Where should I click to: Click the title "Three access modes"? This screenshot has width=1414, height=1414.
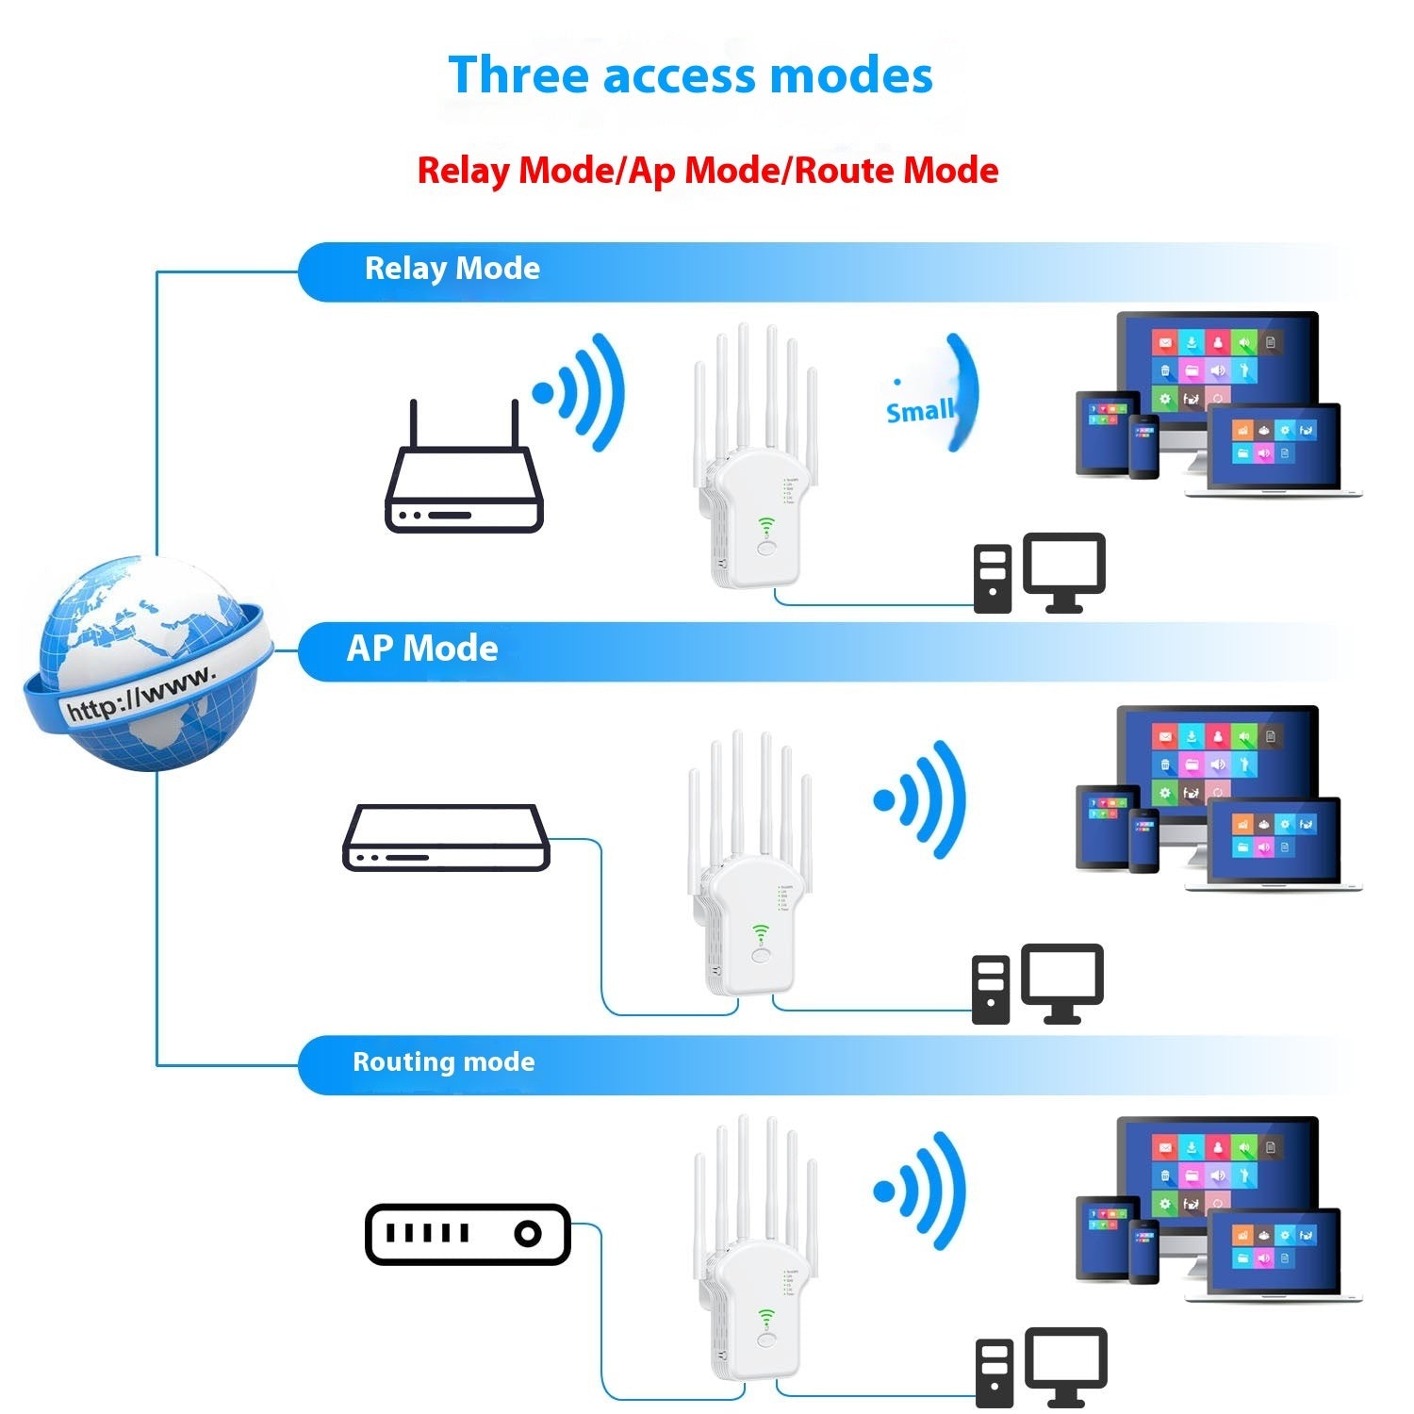point(690,75)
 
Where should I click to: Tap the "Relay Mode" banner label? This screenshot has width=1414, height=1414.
point(452,269)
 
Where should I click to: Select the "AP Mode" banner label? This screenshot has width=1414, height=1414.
point(422,649)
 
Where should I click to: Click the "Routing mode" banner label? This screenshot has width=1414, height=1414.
point(443,1062)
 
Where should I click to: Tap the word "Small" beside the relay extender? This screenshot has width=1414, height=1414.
point(919,411)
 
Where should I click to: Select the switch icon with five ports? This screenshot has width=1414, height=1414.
point(468,1234)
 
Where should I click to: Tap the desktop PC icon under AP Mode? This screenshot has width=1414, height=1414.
point(1037,984)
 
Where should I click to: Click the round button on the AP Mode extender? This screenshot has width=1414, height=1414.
point(762,955)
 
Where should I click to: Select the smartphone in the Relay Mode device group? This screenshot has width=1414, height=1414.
point(1143,446)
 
